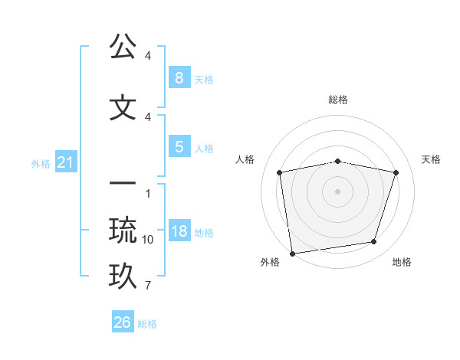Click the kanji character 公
pos(123,47)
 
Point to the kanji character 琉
pos(123,229)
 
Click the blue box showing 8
pos(179,77)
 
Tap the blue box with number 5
pos(179,147)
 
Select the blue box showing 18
pos(179,231)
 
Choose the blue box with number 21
pos(64,162)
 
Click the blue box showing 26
pos(122,322)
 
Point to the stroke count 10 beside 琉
pos(148,240)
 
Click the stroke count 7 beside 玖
pos(148,286)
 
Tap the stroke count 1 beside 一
pos(148,193)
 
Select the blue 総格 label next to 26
pos(147,324)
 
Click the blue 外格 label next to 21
pos(40,164)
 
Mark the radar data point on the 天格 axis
pos(396,172)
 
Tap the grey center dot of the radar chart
pos(337,191)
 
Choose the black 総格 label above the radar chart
pos(337,100)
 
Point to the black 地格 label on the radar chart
pos(402,262)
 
